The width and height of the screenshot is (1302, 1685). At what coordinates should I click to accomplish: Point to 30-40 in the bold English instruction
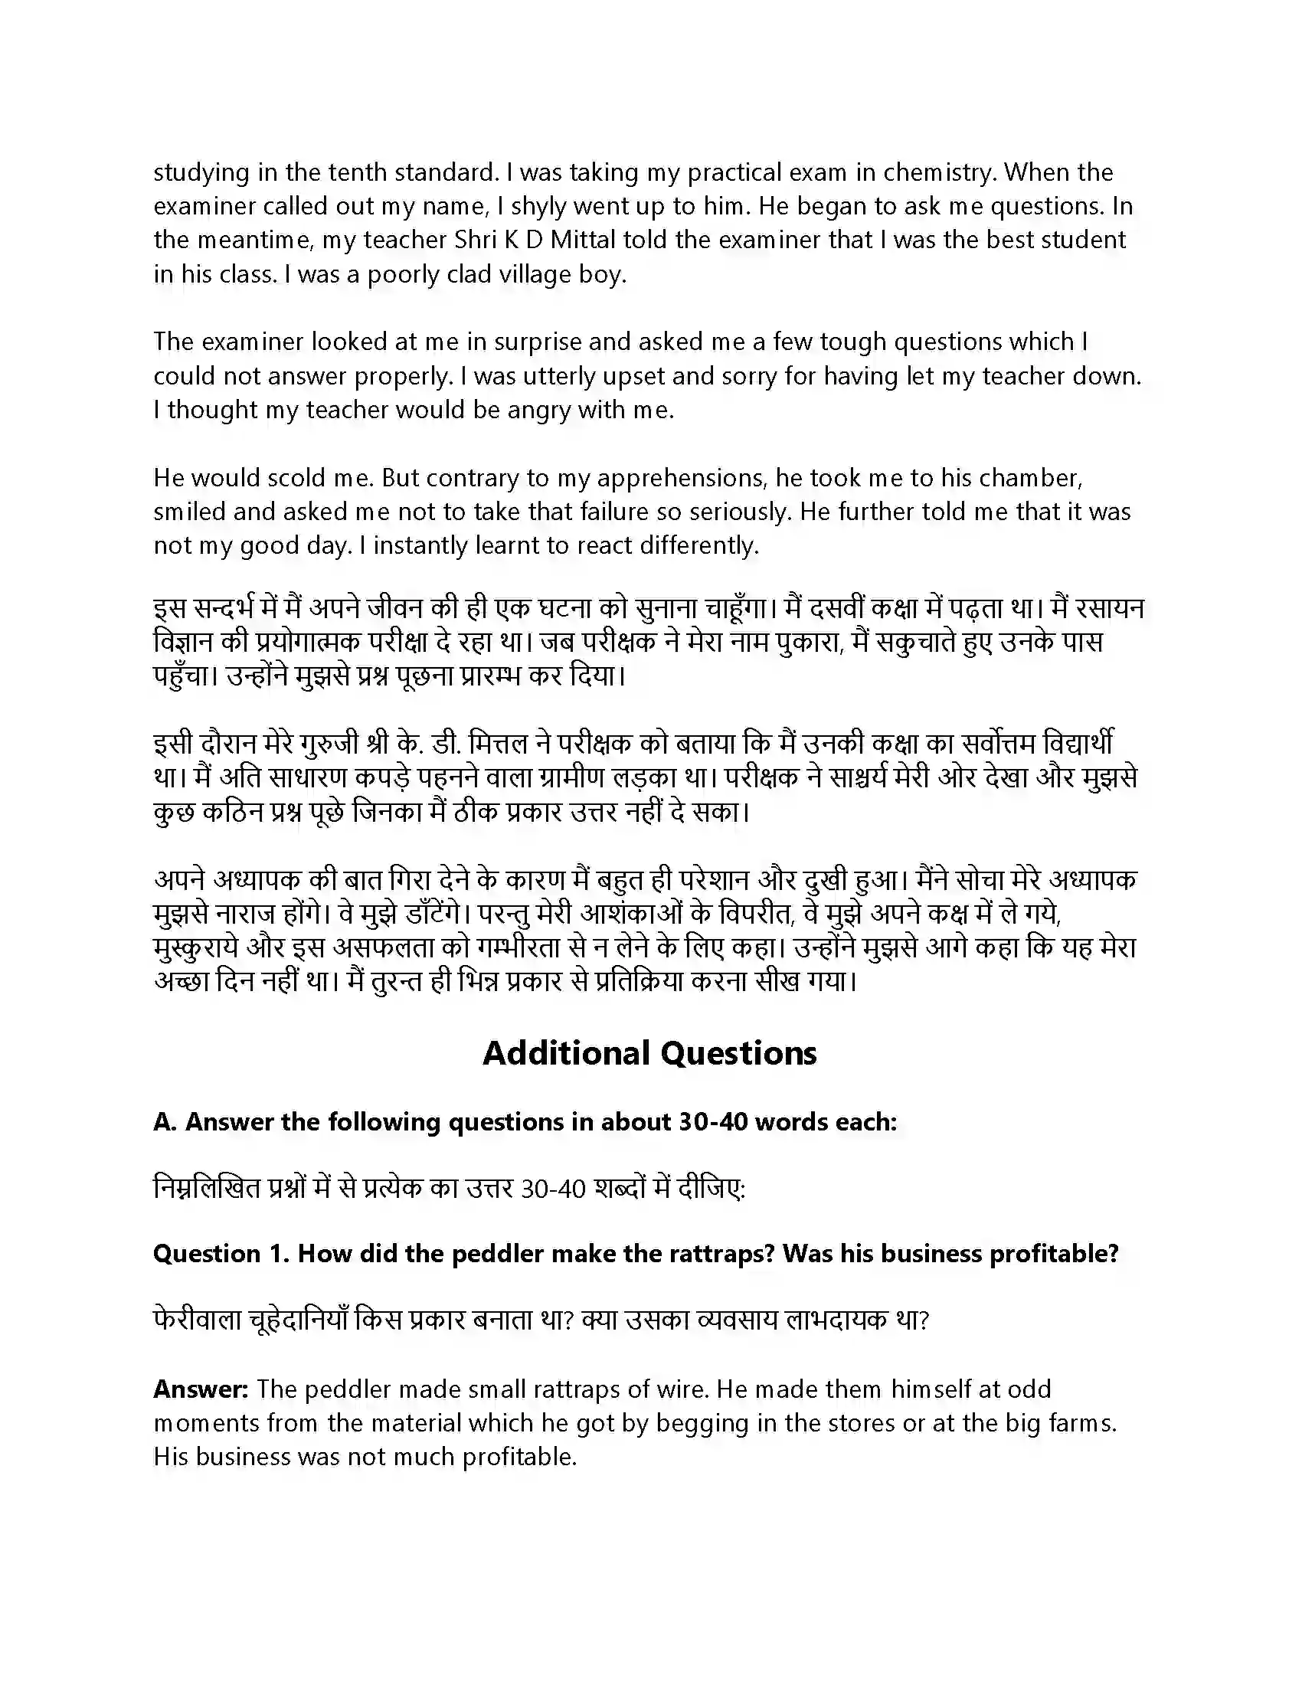point(713,1122)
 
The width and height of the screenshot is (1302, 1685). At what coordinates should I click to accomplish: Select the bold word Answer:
point(201,1390)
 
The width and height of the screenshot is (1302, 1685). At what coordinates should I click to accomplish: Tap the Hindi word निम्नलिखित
point(207,1189)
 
